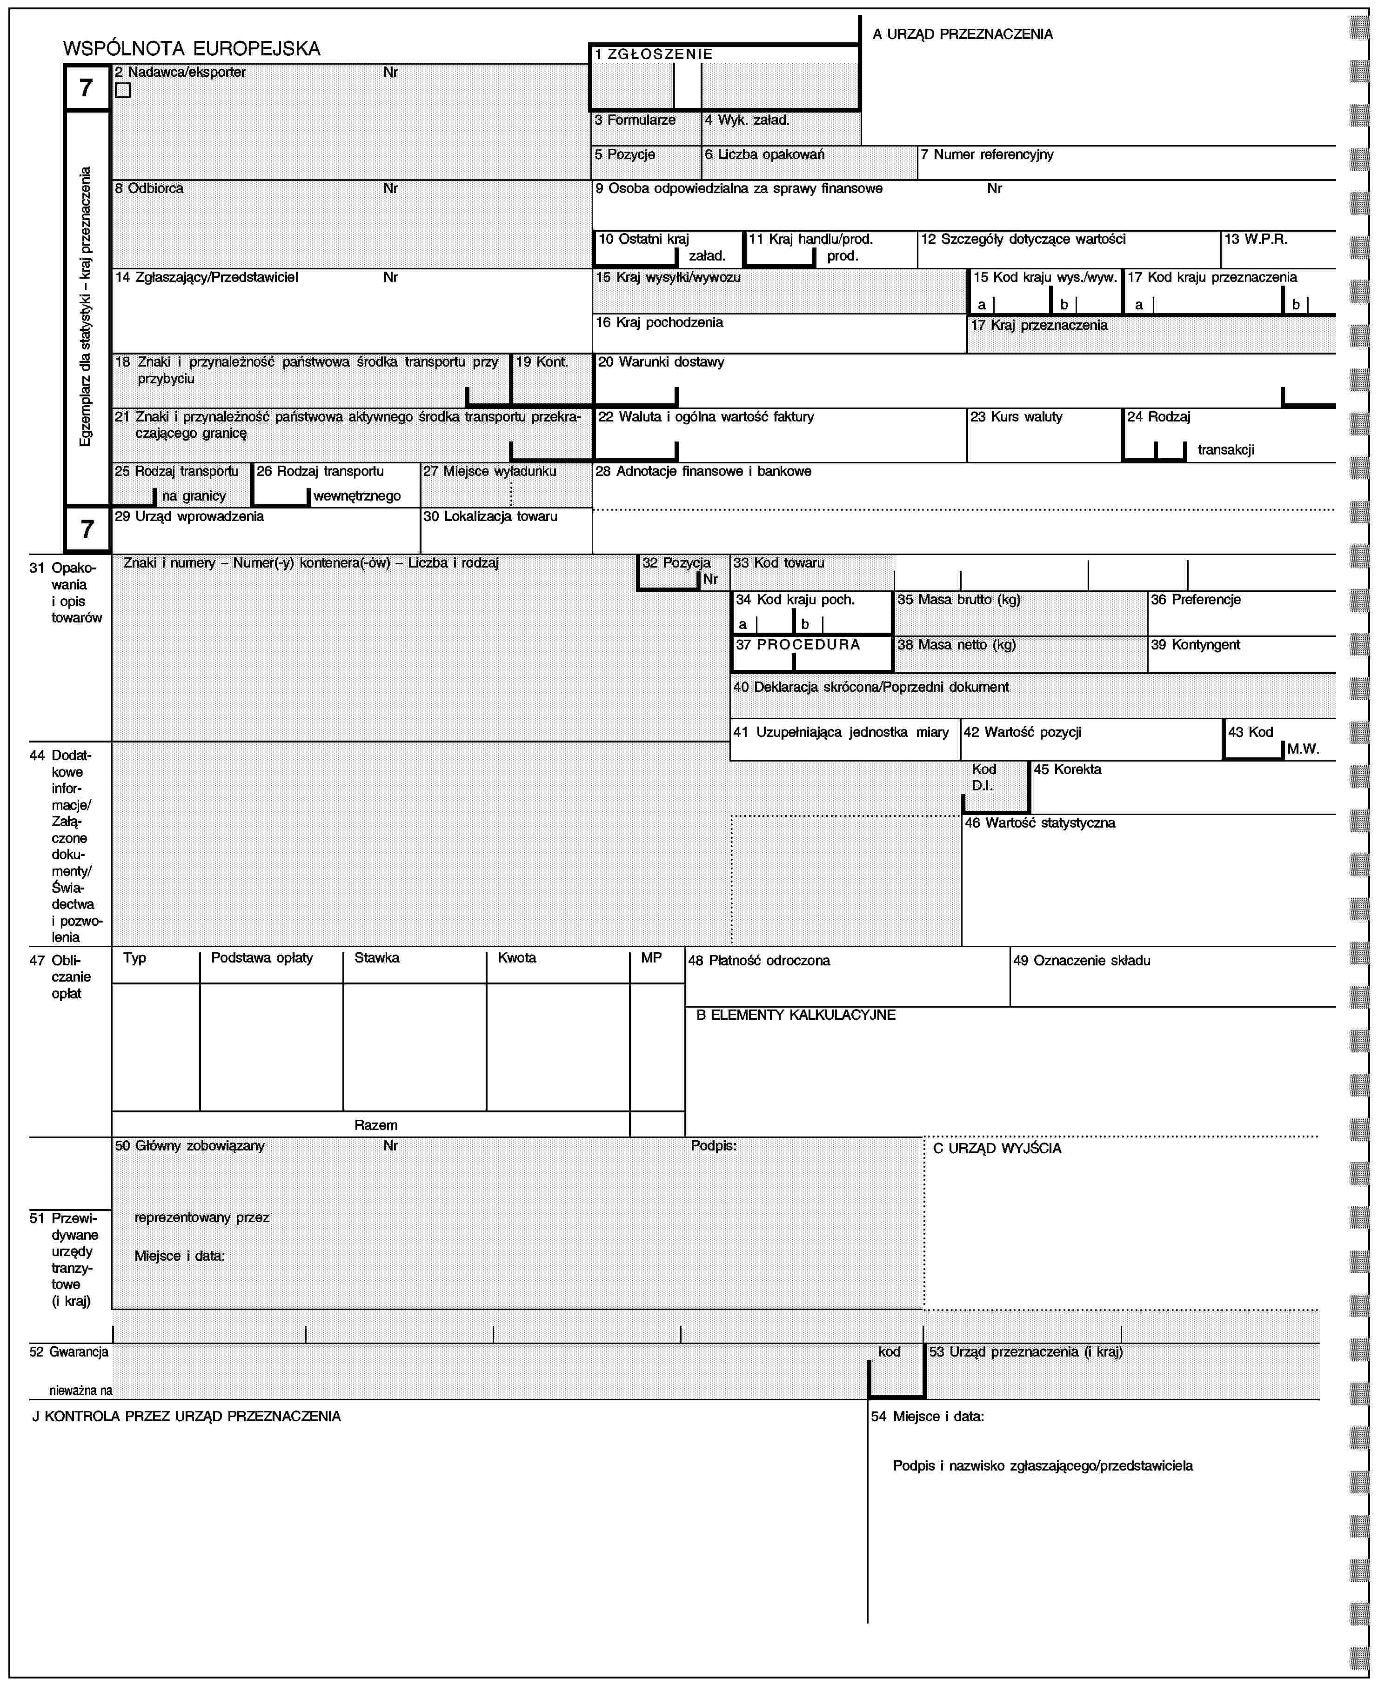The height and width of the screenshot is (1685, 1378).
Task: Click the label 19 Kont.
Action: [x=542, y=362]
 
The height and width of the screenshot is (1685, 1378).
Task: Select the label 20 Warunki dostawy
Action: [x=661, y=362]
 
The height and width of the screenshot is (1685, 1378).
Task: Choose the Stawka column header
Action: [x=376, y=958]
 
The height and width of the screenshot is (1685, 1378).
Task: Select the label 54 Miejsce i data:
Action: [x=927, y=1416]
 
